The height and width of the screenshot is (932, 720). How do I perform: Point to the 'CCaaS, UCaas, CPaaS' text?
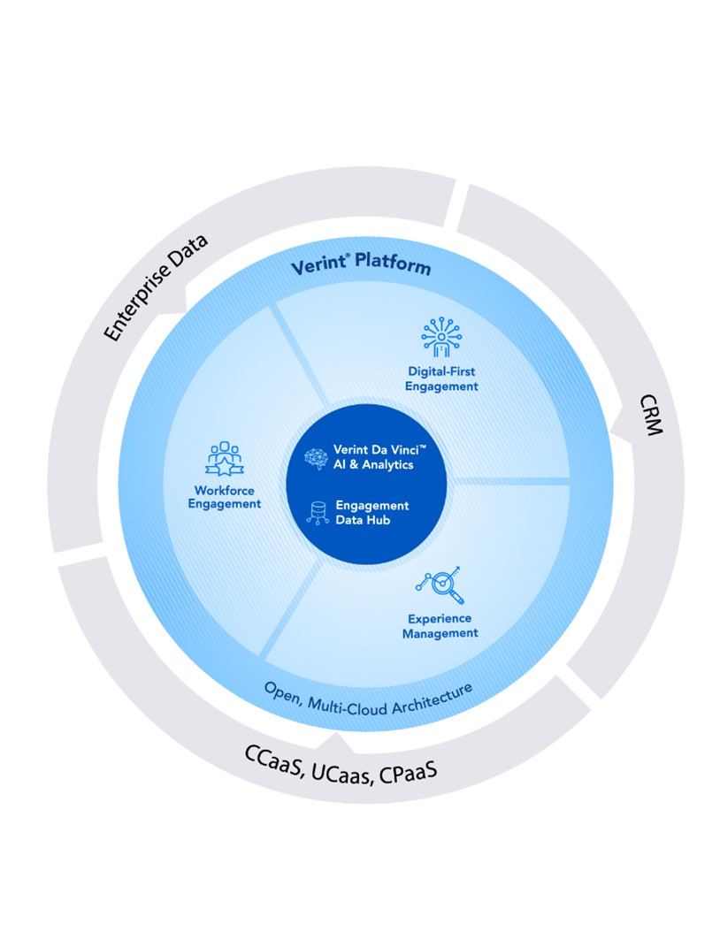tap(341, 763)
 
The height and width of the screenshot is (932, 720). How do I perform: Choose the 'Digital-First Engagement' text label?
tap(441, 378)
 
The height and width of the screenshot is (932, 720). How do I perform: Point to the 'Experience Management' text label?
tap(440, 625)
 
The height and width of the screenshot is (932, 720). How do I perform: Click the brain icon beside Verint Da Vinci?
tap(315, 457)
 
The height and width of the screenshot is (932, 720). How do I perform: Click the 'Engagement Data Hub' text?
tap(371, 513)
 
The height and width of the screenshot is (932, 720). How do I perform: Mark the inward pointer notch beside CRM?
tap(617, 431)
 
